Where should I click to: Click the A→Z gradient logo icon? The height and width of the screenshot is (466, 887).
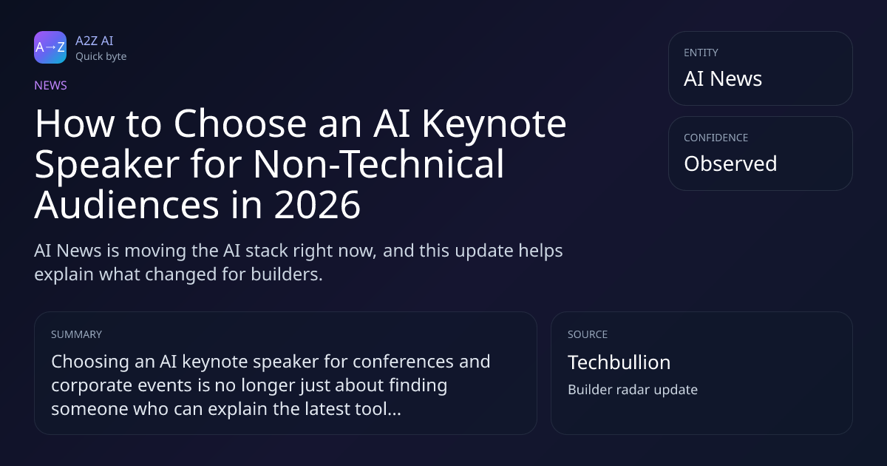click(50, 47)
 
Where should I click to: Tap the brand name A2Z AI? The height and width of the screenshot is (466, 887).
click(95, 41)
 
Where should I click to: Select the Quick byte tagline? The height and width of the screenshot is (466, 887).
click(101, 57)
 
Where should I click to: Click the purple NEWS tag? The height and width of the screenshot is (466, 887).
click(50, 85)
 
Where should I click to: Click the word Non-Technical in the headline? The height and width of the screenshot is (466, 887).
click(378, 164)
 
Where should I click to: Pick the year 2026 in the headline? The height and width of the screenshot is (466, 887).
click(317, 205)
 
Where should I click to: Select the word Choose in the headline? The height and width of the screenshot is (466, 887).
click(240, 124)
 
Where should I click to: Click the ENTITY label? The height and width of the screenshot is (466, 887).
click(701, 53)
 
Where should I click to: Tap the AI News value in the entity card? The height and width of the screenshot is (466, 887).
click(723, 78)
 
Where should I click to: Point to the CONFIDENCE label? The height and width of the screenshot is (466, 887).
click(716, 138)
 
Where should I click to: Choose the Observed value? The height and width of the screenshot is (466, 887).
click(730, 163)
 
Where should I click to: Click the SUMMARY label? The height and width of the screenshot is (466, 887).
click(76, 334)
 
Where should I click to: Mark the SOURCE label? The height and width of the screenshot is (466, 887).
click(588, 334)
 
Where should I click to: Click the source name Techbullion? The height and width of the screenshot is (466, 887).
click(619, 362)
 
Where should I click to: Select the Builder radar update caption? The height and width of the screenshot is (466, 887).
click(633, 390)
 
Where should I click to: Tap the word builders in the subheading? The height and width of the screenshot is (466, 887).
click(287, 274)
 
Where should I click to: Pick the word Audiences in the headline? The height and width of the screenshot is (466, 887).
click(126, 205)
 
